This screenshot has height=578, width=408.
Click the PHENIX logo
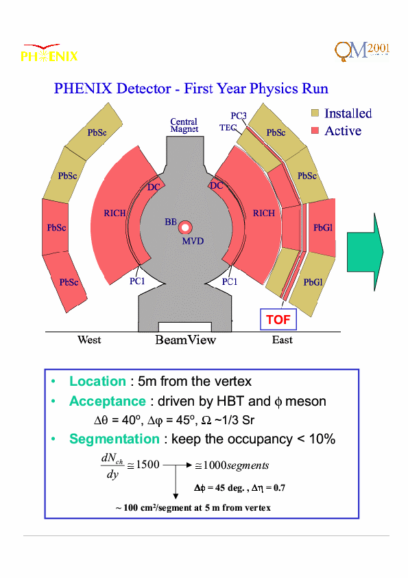(49, 53)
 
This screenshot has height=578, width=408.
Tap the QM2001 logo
(362, 51)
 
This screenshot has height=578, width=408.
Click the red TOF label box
(278, 319)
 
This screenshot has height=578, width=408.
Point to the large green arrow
(365, 252)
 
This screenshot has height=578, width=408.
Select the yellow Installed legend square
(315, 113)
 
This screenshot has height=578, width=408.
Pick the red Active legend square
(315, 130)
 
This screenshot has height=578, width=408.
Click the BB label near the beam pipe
(171, 222)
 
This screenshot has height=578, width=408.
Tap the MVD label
(193, 241)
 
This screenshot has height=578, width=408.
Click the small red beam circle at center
(185, 227)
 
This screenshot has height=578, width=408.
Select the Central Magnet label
(184, 126)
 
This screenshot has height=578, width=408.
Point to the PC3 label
(239, 116)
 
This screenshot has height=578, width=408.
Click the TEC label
(228, 128)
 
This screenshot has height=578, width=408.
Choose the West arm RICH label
(115, 213)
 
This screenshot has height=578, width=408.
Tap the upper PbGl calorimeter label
(323, 228)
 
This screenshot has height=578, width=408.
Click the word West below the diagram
(89, 340)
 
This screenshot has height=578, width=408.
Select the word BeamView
(186, 340)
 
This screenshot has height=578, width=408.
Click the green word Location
(97, 381)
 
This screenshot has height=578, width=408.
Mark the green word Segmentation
(115, 439)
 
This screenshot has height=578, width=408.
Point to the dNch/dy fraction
(112, 465)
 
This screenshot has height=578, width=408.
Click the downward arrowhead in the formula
(176, 496)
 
